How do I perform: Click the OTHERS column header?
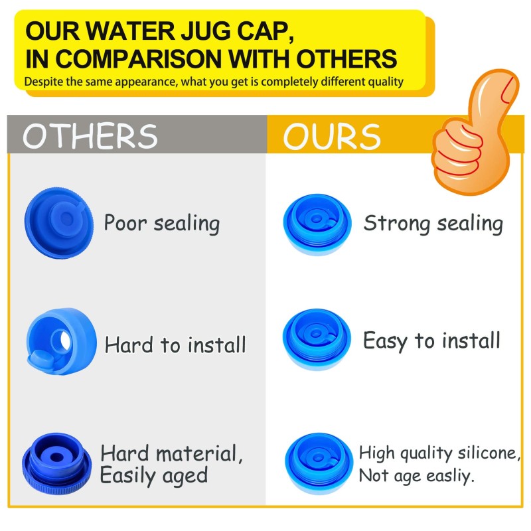point(90,135)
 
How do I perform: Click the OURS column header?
point(332,135)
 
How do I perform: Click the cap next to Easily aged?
point(57,461)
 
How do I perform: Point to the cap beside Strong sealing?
point(317,223)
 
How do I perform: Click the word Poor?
point(125,223)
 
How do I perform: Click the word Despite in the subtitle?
point(42,82)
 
